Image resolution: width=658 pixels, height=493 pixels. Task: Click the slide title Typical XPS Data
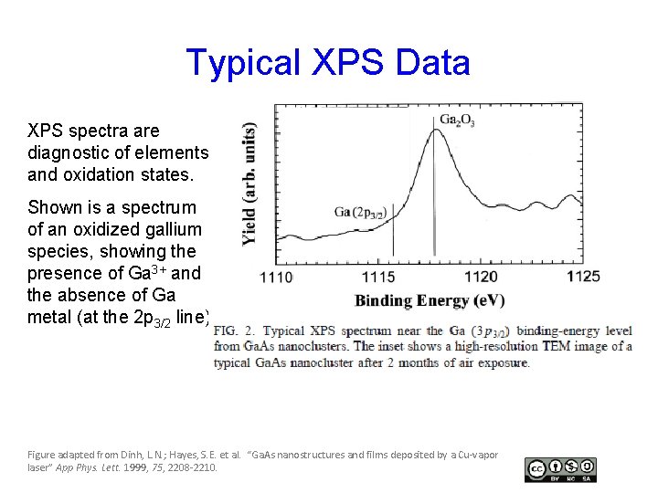click(x=328, y=62)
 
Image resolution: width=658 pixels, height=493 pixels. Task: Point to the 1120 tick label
click(x=481, y=277)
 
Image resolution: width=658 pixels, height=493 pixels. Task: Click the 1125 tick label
click(x=583, y=275)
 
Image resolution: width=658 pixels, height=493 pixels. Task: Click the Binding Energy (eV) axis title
click(x=430, y=300)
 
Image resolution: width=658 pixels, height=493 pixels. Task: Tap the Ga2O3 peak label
click(x=457, y=120)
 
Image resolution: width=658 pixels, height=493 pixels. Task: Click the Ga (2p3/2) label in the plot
click(x=360, y=213)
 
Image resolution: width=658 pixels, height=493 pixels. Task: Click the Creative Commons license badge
click(x=560, y=469)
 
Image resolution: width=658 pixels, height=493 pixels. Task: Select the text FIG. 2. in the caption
click(x=236, y=330)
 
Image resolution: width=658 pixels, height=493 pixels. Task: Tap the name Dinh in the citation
click(x=135, y=454)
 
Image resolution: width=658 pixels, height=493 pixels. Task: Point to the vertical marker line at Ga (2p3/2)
click(x=393, y=241)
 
